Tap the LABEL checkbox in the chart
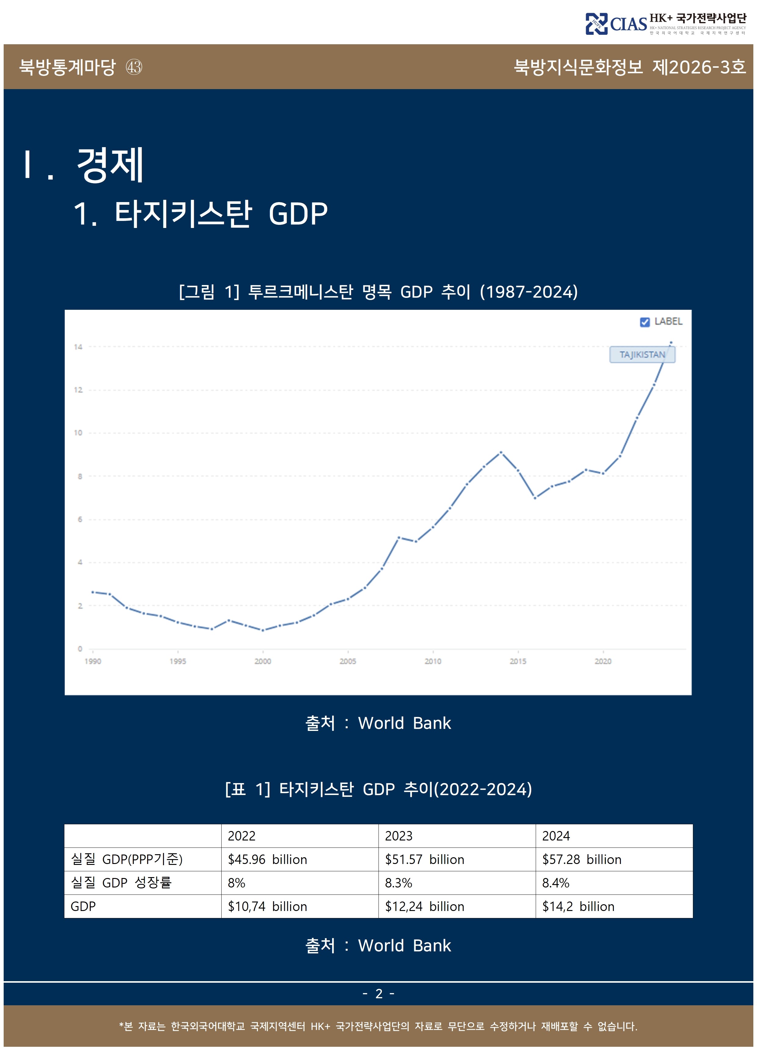click(644, 322)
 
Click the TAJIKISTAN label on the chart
click(642, 355)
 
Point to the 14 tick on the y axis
click(78, 347)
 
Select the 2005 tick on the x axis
click(348, 661)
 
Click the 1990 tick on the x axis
click(92, 661)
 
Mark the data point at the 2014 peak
click(501, 452)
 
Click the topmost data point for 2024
click(671, 343)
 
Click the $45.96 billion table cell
click(267, 859)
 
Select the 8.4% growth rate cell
click(556, 883)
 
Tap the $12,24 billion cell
click(424, 907)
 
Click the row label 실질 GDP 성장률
click(121, 883)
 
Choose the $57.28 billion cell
click(581, 859)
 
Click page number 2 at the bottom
click(378, 993)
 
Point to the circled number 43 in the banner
click(134, 67)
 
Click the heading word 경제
click(110, 165)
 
